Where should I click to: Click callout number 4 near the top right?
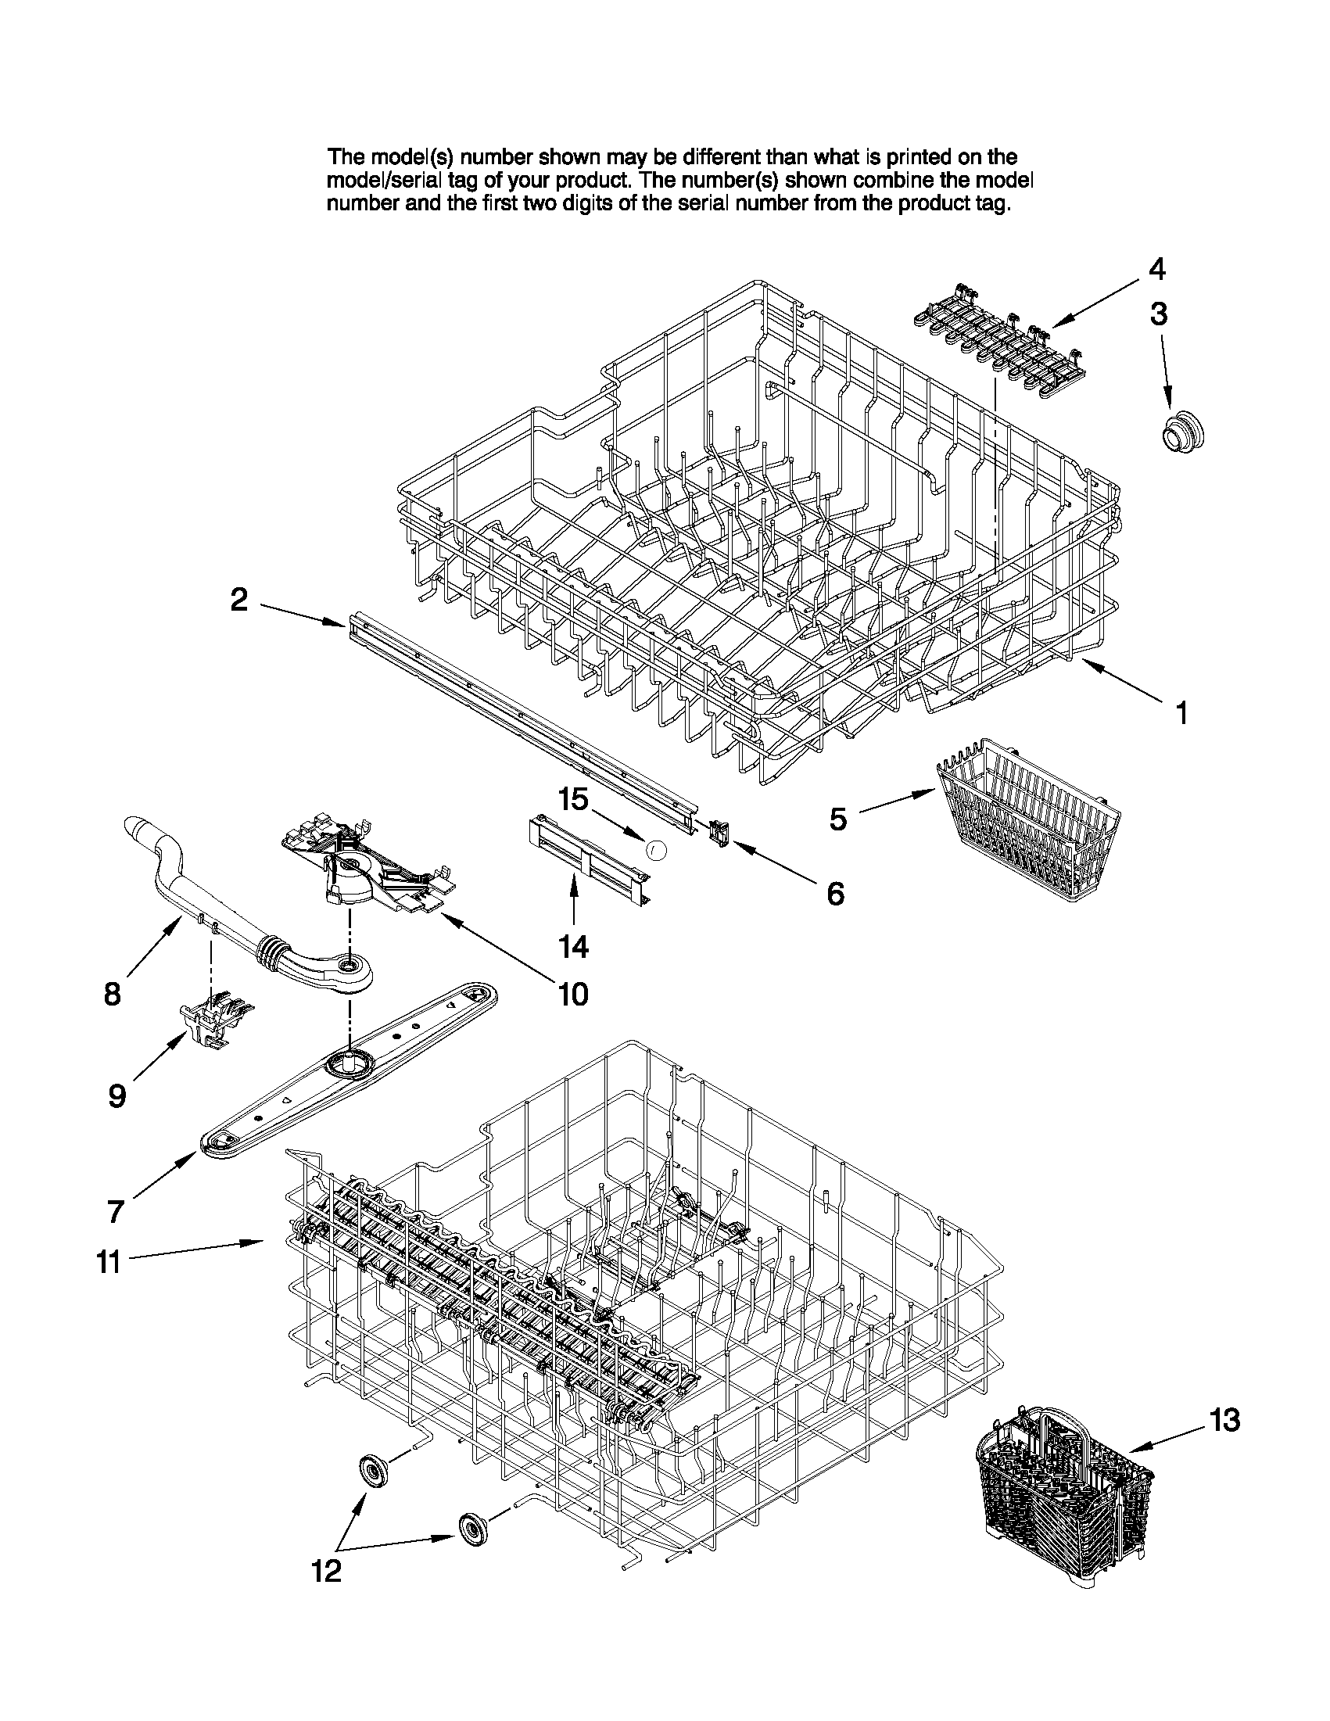click(1156, 270)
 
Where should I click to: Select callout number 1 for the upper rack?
click(1181, 713)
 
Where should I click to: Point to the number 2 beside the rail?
click(238, 601)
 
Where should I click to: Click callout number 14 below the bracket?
click(575, 945)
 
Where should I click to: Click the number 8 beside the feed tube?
click(113, 995)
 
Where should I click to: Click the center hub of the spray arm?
click(347, 1066)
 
